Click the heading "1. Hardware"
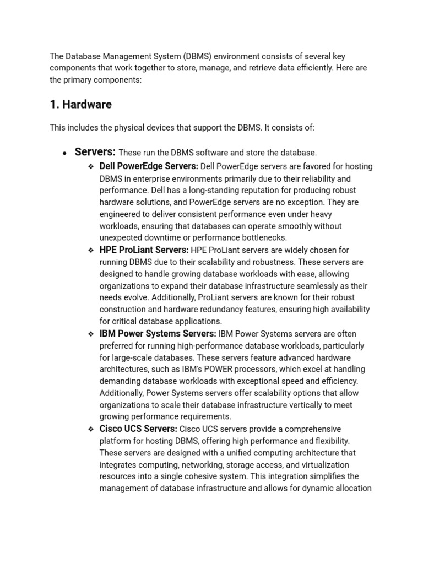[80, 105]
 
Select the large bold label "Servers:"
[95, 152]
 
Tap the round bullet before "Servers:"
[64, 154]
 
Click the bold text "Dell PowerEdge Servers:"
[149, 166]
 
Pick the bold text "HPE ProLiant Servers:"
[144, 250]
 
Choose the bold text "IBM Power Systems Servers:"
[158, 334]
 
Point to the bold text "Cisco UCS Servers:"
[138, 429]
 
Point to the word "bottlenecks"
[262, 238]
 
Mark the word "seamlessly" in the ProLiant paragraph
[317, 286]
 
